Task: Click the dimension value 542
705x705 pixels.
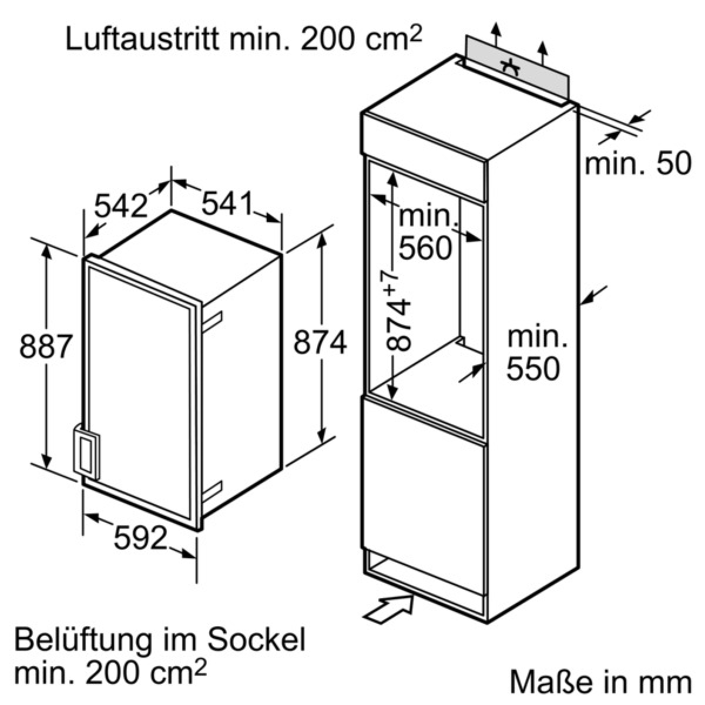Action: pyautogui.click(x=121, y=205)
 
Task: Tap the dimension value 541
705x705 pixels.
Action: pyautogui.click(x=227, y=203)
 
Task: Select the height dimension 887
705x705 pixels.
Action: pyautogui.click(x=45, y=346)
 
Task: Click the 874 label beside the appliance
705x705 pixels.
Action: pyautogui.click(x=320, y=342)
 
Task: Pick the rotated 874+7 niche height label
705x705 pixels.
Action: pyautogui.click(x=398, y=308)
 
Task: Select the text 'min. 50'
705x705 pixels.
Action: pyautogui.click(x=638, y=163)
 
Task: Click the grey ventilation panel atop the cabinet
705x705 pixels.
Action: pyautogui.click(x=517, y=68)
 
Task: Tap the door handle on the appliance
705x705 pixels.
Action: pyautogui.click(x=87, y=451)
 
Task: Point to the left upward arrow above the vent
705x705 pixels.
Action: pyautogui.click(x=496, y=35)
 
